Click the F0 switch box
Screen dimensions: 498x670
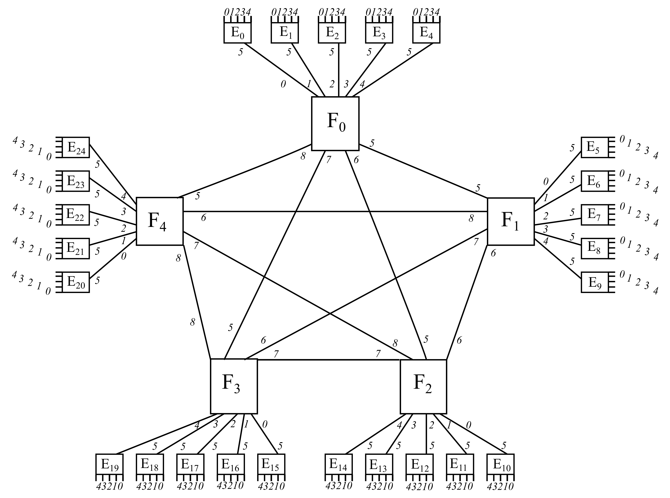[x=335, y=124]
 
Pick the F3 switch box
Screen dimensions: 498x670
[x=234, y=386]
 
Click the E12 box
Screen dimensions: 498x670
[x=420, y=465]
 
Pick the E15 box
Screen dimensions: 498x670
[x=271, y=465]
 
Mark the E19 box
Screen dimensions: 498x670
[x=110, y=465]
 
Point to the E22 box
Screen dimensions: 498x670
[x=76, y=215]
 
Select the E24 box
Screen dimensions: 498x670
[x=76, y=147]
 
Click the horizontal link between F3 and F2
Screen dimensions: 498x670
[x=329, y=360]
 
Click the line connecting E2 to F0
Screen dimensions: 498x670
[x=339, y=69]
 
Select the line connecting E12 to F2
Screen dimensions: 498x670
[x=426, y=434]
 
